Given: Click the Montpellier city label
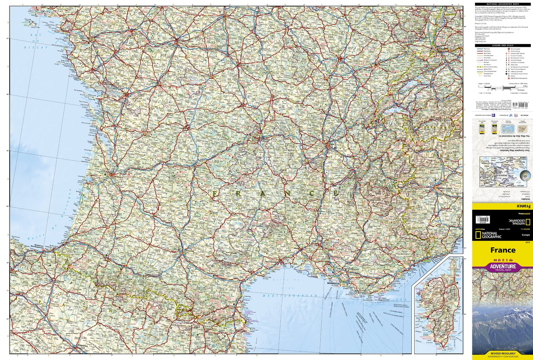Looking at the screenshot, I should pos(272,262).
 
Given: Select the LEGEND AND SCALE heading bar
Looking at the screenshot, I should pos(502,45).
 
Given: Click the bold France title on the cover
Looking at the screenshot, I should pos(502,250).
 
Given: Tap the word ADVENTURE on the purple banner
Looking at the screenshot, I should pos(502,266).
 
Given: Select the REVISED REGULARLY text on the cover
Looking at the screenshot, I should pos(502,354).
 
